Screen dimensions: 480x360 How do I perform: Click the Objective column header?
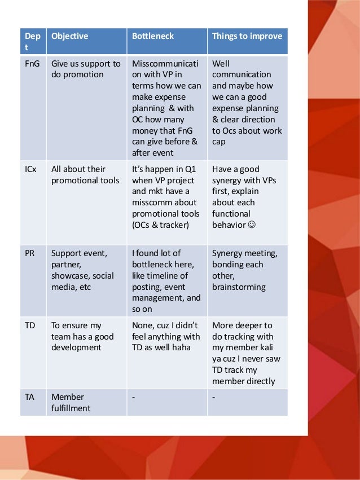point(69,36)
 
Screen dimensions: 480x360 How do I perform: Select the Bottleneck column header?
point(153,36)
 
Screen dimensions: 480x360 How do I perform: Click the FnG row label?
point(33,64)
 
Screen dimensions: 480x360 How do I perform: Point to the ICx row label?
point(31,169)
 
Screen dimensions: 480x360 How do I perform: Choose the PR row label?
point(30,253)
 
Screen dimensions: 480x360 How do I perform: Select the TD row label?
point(30,325)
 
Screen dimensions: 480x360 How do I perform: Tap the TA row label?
point(30,397)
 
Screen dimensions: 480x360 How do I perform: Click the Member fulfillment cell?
point(71,402)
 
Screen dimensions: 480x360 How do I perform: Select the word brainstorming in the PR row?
point(239,287)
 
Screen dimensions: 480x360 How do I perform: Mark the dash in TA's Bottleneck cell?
point(134,397)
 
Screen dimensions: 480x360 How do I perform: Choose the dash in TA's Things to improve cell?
point(214,397)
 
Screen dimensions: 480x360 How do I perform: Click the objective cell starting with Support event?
point(82,270)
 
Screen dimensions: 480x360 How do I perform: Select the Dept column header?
point(32,41)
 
